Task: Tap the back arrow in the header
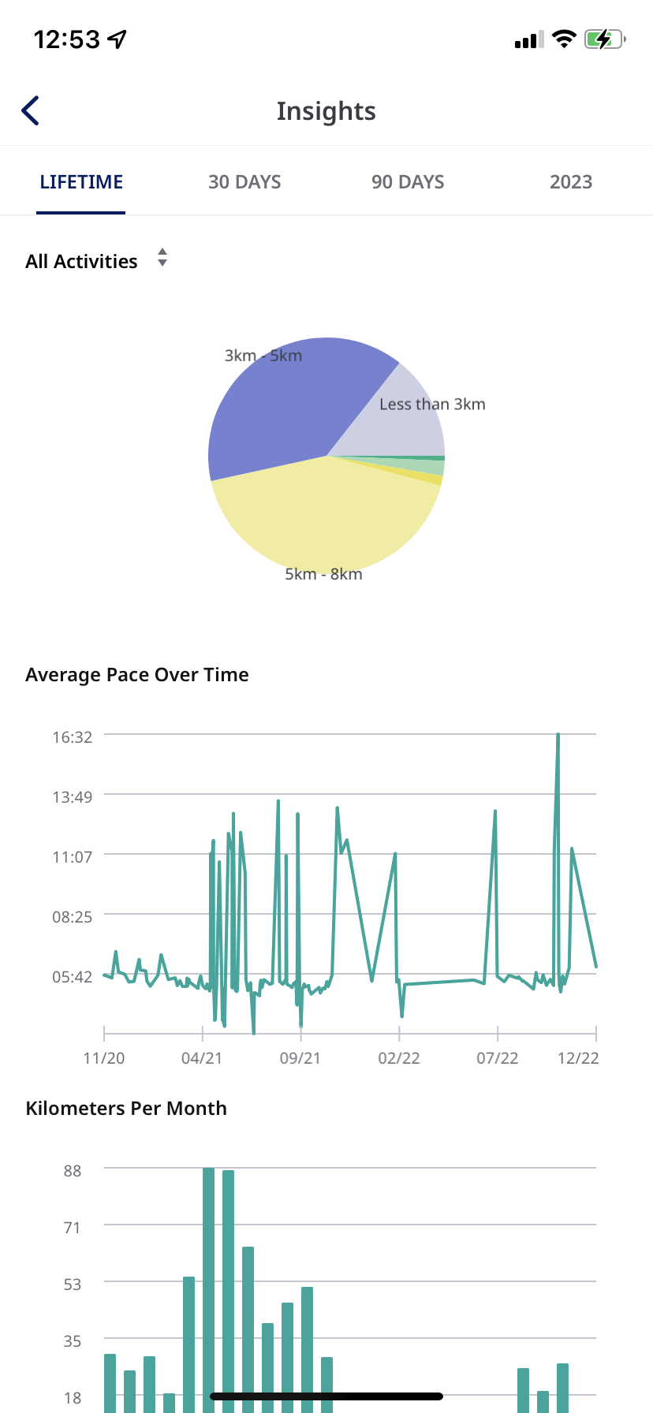coord(31,111)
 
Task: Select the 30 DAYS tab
coord(244,182)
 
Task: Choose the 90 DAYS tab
coord(408,182)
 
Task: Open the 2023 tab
coord(570,182)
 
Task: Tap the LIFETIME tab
coord(81,182)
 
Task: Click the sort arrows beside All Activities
coord(162,258)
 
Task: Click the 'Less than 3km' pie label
coord(432,405)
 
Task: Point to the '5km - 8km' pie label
coord(323,574)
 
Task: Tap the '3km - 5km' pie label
coord(263,356)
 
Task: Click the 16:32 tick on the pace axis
coord(73,737)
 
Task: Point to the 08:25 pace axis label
coord(73,917)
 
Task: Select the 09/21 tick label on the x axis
coord(300,1058)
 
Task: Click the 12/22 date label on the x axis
coord(578,1058)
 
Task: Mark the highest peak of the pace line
coord(558,735)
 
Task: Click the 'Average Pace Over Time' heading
coord(137,675)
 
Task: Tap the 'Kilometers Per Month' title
coord(126,1109)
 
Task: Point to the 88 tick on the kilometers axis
coord(73,1171)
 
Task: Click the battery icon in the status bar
coord(604,39)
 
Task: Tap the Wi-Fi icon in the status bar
coord(564,39)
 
